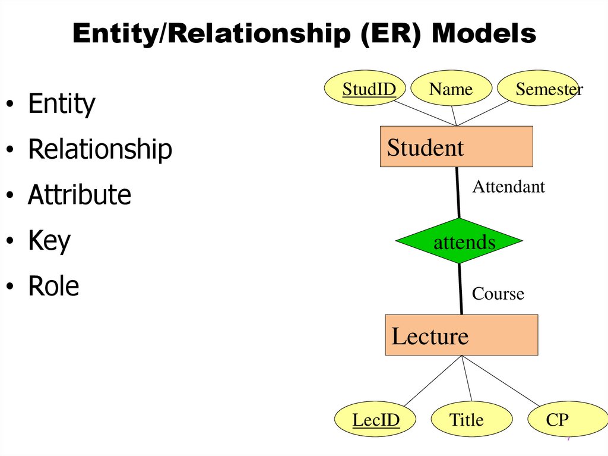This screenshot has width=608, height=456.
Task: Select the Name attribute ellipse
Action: [x=451, y=89]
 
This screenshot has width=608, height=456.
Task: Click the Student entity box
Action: [x=456, y=147]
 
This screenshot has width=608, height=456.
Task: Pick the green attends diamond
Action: [x=459, y=241]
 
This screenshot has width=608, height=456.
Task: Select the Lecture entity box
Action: [x=461, y=335]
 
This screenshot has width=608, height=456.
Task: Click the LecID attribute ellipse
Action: [x=376, y=420]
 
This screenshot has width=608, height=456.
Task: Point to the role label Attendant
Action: [x=508, y=187]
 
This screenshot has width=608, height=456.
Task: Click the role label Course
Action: [x=498, y=294]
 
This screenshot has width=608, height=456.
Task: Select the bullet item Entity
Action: [x=61, y=104]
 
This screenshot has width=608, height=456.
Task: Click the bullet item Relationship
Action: [x=100, y=149]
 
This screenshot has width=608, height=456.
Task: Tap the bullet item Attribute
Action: [x=79, y=195]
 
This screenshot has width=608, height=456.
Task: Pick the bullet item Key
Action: [x=49, y=241]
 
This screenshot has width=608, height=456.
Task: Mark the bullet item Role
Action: [x=53, y=287]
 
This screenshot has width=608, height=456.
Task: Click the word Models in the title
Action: [x=483, y=34]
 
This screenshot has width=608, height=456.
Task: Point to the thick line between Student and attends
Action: [x=458, y=193]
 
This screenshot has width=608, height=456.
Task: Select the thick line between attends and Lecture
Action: [x=460, y=290]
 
